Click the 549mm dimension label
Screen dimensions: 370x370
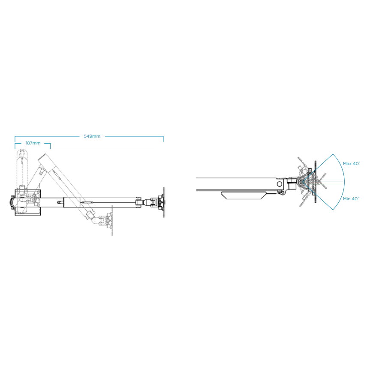(x=92, y=136)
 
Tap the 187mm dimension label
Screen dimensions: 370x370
(x=33, y=143)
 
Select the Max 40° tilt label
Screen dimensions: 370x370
(x=352, y=163)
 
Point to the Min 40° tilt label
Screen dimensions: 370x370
(x=351, y=199)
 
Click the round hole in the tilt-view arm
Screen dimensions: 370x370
(x=280, y=184)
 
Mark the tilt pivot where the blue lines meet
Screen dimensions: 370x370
(x=303, y=182)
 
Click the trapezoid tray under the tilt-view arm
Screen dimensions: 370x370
(x=244, y=196)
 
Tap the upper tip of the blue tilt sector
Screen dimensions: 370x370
(x=333, y=154)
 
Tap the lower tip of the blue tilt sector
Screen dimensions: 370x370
(x=333, y=210)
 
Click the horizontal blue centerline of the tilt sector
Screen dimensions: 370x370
(x=323, y=182)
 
